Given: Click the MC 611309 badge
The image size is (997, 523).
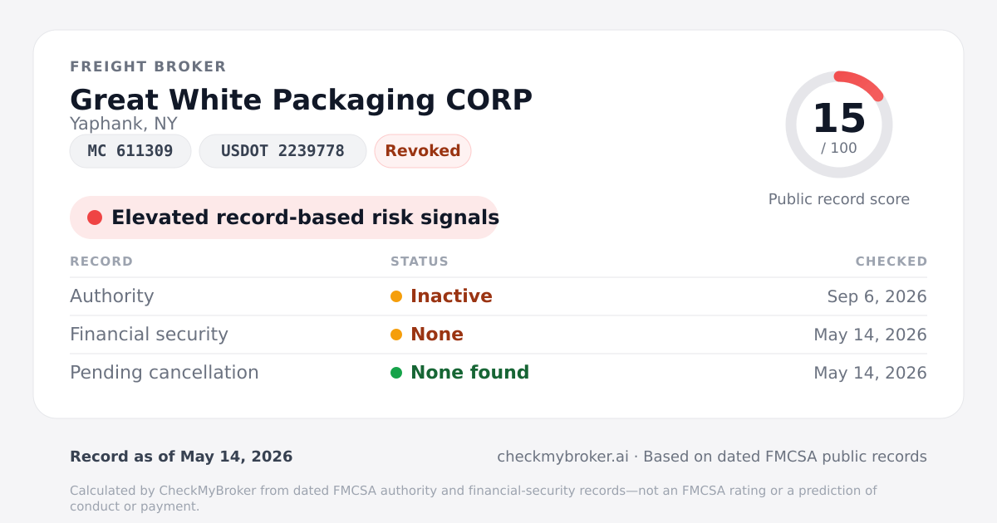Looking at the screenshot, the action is [130, 151].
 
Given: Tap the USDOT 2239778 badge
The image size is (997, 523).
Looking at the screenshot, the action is [282, 151].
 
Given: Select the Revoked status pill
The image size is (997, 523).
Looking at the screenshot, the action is [423, 151].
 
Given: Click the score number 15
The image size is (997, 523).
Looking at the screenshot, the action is [839, 118].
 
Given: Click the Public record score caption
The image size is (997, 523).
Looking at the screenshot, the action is [839, 199].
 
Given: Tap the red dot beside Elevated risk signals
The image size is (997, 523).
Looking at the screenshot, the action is [95, 218].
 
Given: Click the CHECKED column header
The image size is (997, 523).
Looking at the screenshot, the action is [891, 261].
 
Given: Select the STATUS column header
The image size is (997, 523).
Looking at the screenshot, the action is [420, 261].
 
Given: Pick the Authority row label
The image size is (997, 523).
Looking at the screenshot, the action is [111, 296].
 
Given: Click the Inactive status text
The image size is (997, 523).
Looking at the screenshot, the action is [451, 296].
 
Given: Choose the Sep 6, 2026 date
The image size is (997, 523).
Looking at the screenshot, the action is [877, 296].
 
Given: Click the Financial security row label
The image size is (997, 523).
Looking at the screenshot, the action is [149, 335].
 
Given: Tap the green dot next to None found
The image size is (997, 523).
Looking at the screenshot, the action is [396, 373].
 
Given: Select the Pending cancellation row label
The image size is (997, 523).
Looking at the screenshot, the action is [165, 373].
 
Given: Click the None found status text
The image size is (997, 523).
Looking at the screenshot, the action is [469, 373].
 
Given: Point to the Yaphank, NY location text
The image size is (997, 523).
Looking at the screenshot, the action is [124, 124].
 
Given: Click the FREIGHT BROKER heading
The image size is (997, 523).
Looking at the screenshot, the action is [148, 66].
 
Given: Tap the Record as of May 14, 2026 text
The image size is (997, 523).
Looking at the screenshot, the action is [181, 457].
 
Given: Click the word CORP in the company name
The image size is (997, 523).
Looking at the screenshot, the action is [489, 100].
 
